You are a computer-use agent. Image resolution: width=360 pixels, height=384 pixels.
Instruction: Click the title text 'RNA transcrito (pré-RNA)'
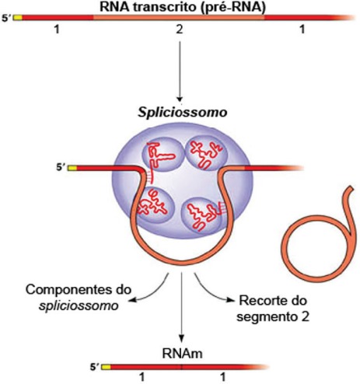click(x=183, y=6)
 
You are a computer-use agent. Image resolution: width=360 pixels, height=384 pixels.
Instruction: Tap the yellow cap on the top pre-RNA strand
click(x=18, y=18)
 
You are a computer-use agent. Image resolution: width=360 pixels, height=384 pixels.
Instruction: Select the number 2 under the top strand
click(x=180, y=30)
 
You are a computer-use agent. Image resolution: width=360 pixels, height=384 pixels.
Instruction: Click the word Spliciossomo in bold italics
click(x=183, y=113)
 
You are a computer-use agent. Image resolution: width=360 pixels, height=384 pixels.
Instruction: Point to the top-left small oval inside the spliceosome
click(x=163, y=154)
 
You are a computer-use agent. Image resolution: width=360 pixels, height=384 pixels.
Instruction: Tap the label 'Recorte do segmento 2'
click(x=273, y=309)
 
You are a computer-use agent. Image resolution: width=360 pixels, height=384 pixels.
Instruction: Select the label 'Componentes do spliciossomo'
click(x=79, y=298)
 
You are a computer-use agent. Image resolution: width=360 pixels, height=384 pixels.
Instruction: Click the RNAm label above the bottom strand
click(x=182, y=354)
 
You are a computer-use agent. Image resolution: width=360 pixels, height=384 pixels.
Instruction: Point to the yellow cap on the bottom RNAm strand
click(x=106, y=367)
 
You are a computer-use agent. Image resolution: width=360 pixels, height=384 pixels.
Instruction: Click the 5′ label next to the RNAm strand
click(x=94, y=367)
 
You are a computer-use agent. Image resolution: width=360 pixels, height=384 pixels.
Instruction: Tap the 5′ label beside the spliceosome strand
click(x=61, y=168)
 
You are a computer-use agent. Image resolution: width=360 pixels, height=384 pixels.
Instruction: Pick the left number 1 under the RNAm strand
click(x=142, y=378)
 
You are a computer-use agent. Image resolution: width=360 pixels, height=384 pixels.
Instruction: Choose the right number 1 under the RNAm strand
click(x=223, y=378)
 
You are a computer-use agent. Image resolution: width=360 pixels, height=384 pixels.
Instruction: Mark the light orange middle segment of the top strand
click(x=179, y=18)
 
